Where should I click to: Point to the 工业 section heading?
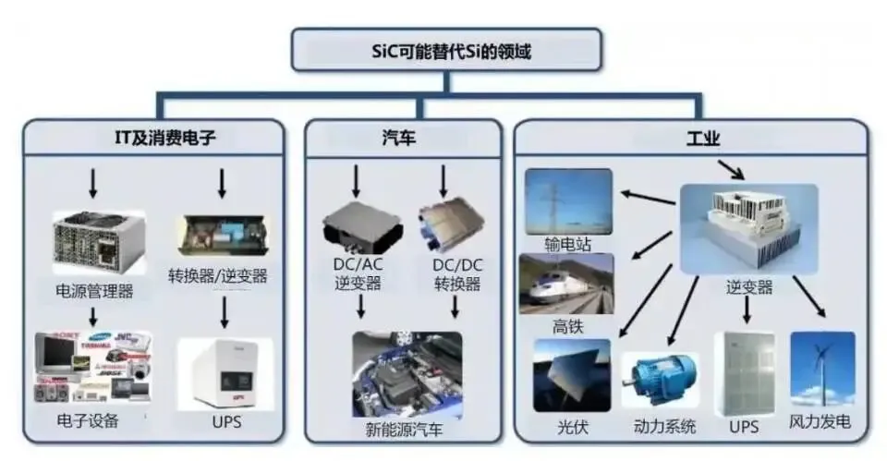703,140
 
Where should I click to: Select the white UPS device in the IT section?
221,373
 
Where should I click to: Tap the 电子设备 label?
88,421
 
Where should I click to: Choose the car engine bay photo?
407,373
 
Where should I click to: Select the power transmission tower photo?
568,201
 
